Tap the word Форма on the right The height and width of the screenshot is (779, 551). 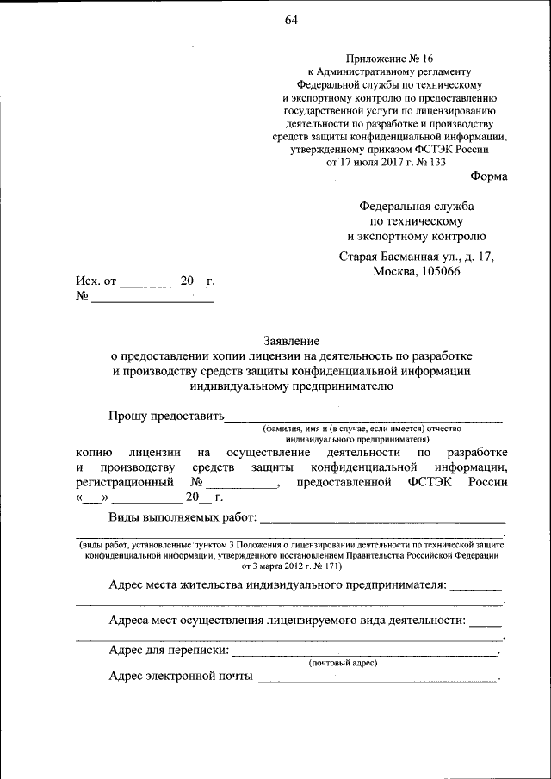489,176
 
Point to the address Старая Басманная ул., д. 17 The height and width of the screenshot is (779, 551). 417,257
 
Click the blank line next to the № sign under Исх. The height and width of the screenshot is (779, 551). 152,301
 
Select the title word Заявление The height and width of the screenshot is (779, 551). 291,341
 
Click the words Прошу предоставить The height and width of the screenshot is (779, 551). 165,417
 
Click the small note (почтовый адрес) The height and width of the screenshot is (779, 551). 343,663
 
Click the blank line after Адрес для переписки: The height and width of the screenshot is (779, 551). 365,655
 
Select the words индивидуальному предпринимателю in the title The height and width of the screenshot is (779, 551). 291,386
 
